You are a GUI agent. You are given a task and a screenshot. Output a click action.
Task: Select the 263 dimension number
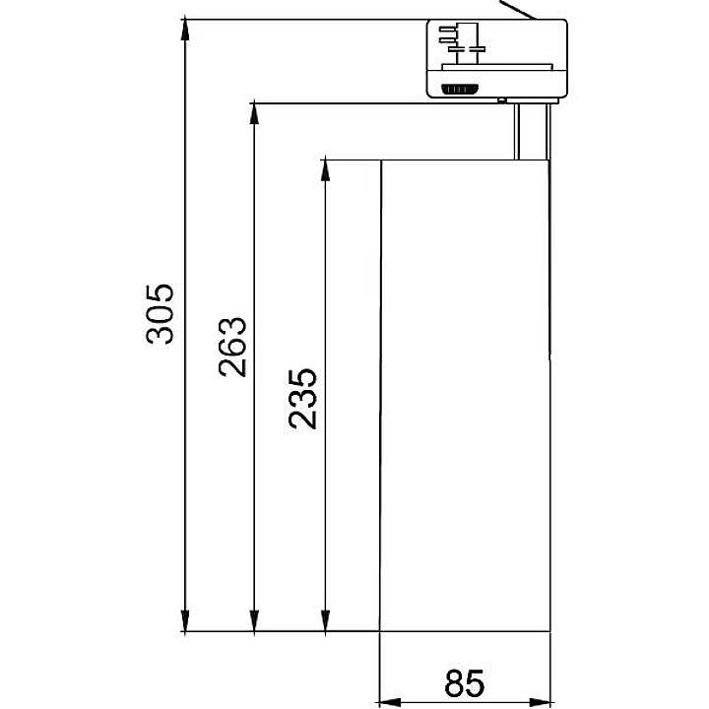click(231, 347)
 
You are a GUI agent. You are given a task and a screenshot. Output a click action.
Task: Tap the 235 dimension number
click(302, 398)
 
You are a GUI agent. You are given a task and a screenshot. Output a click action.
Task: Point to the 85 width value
click(464, 681)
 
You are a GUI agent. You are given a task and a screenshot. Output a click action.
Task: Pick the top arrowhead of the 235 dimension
click(325, 169)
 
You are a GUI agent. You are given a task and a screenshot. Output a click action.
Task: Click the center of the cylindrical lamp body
click(464, 394)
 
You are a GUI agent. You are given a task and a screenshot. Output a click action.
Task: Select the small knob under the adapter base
click(503, 99)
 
